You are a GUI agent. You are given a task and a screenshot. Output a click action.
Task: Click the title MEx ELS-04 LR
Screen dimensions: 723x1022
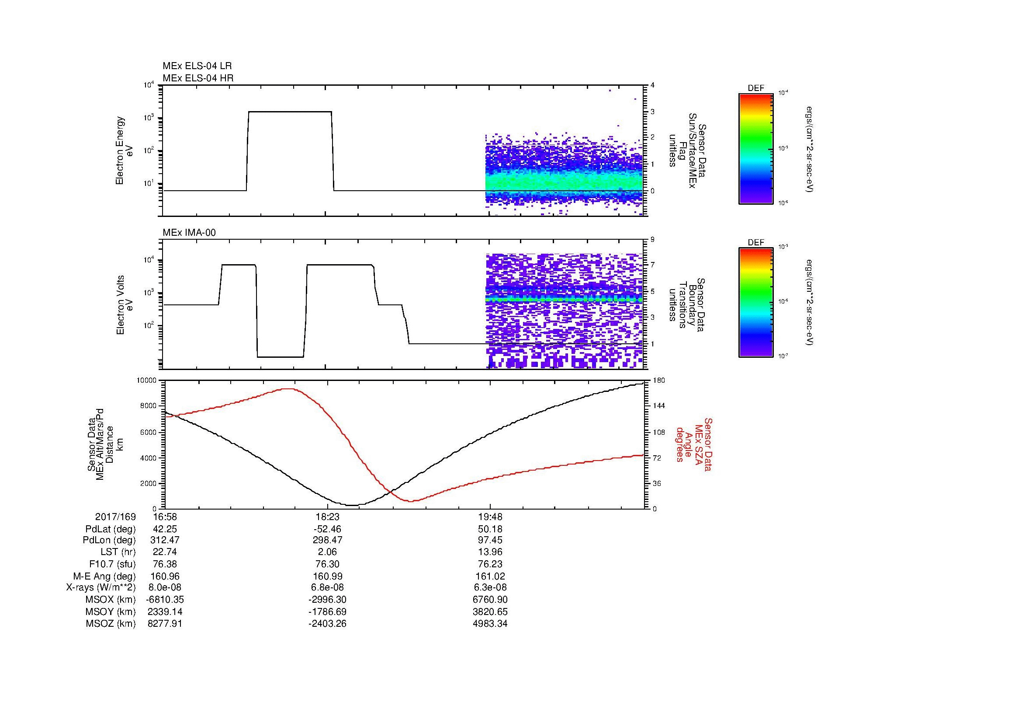coord(197,66)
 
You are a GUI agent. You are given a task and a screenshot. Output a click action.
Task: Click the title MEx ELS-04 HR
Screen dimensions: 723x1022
coord(197,78)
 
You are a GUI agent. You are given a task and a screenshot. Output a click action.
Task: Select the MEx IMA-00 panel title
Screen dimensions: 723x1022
coord(189,233)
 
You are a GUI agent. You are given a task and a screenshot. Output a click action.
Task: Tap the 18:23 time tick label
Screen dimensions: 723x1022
coord(327,517)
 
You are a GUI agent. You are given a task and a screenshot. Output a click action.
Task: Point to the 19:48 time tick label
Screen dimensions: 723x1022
coord(490,517)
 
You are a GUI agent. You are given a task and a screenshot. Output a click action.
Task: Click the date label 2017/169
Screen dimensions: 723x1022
coord(115,517)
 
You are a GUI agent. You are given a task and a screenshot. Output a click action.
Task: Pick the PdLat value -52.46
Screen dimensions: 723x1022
coord(327,529)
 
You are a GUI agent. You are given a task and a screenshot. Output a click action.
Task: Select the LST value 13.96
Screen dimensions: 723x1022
coord(490,552)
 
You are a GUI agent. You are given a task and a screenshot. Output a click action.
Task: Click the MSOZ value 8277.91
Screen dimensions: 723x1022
coord(165,624)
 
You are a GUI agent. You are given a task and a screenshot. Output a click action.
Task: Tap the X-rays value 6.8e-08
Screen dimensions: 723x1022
coord(327,587)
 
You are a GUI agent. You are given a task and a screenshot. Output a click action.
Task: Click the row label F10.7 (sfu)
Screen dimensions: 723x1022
coord(112,564)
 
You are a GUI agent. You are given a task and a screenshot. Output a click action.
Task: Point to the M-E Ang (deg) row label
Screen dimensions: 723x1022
coord(104,576)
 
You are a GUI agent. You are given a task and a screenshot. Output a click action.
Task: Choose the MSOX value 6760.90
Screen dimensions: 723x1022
coord(490,600)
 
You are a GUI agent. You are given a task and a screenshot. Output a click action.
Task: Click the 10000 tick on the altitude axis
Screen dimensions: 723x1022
coord(147,381)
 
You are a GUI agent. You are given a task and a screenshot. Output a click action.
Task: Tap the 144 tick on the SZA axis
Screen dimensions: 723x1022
coord(658,406)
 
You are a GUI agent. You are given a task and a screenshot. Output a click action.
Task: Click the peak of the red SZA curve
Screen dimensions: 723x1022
coord(288,389)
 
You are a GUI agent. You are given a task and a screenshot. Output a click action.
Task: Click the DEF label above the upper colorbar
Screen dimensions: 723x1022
coord(755,88)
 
